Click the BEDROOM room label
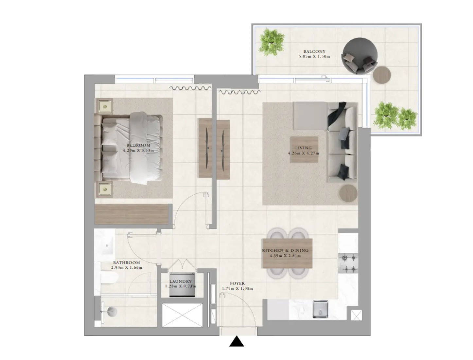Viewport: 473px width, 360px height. [x=138, y=145]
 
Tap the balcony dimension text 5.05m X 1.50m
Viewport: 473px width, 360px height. [x=314, y=56]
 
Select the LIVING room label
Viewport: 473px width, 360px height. [x=303, y=148]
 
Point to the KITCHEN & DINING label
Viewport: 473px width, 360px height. [x=285, y=251]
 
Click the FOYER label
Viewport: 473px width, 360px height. [x=237, y=283]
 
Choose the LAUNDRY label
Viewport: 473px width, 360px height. [x=181, y=281]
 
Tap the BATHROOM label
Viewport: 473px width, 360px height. [x=126, y=262]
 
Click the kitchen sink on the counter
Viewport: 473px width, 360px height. [x=320, y=309]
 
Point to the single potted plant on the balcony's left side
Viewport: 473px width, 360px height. [x=271, y=42]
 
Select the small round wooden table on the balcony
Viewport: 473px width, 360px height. [x=382, y=75]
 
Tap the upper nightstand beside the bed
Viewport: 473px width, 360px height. [x=105, y=106]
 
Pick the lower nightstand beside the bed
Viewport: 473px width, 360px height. [x=105, y=189]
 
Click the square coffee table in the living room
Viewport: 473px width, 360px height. [x=304, y=150]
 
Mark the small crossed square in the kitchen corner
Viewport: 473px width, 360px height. [x=356, y=315]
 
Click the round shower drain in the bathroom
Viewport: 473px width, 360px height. [x=111, y=312]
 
